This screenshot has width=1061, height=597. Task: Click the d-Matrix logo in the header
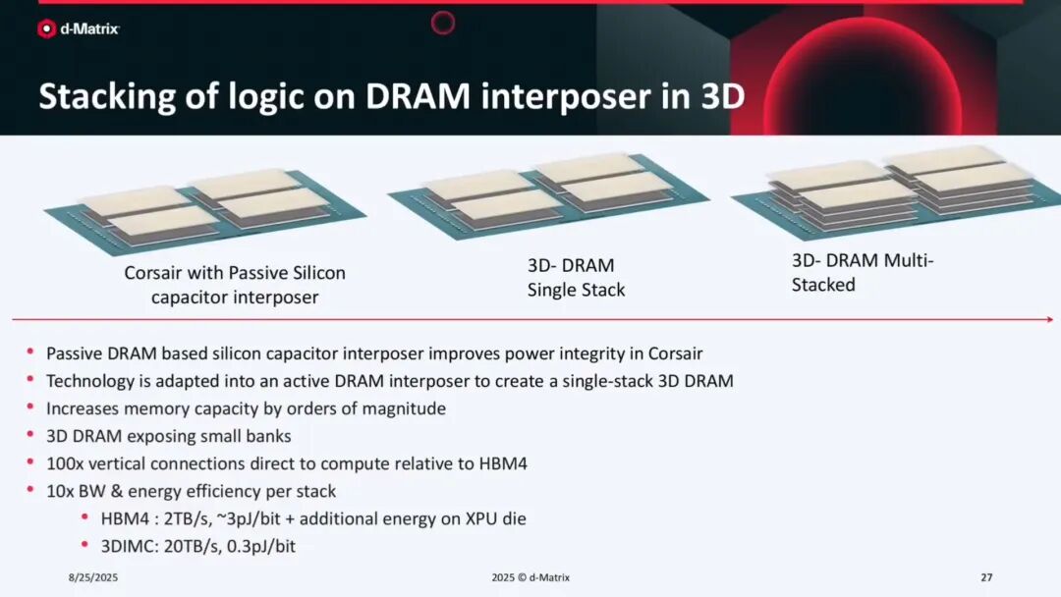pyautogui.click(x=79, y=29)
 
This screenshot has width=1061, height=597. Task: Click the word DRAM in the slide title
pyautogui.click(x=418, y=96)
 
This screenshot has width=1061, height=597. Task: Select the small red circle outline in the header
pyautogui.click(x=443, y=23)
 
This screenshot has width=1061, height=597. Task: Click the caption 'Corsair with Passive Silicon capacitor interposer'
pyautogui.click(x=235, y=285)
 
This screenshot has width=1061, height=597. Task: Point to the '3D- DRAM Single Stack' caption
pyautogui.click(x=576, y=277)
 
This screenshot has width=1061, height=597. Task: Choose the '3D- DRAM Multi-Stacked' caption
pyautogui.click(x=863, y=272)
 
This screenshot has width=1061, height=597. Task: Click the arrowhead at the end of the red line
pyautogui.click(x=1049, y=319)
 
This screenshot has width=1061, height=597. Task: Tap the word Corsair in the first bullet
pyautogui.click(x=675, y=353)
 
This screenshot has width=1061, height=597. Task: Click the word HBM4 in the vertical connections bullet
pyautogui.click(x=503, y=463)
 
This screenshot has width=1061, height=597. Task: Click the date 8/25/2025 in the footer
pyautogui.click(x=93, y=577)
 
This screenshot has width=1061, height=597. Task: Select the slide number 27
pyautogui.click(x=986, y=577)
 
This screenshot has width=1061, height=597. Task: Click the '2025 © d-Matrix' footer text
pyautogui.click(x=530, y=577)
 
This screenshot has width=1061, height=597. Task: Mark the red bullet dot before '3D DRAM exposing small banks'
pyautogui.click(x=30, y=434)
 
